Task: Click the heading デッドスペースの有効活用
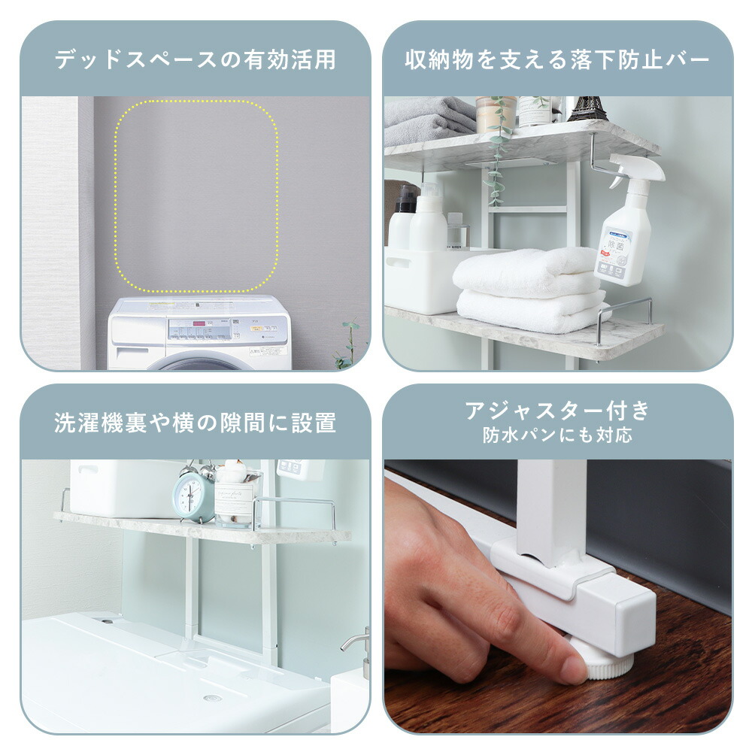195,59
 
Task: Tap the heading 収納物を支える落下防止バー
557,59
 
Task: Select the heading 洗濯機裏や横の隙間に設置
195,423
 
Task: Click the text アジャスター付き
557,411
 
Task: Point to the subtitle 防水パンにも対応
557,435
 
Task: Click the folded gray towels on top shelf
429,120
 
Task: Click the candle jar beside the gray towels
496,114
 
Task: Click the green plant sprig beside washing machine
348,346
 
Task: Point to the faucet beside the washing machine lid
359,647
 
